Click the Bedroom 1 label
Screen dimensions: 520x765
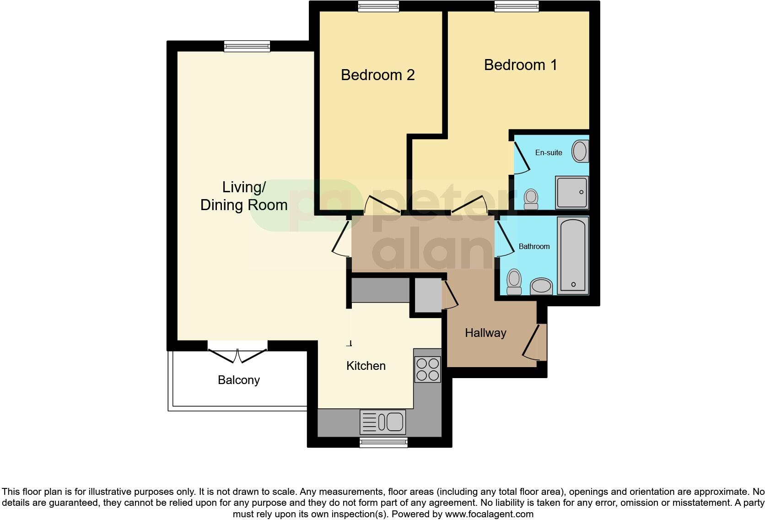pyautogui.click(x=521, y=65)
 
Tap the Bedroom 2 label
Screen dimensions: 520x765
pyautogui.click(x=377, y=75)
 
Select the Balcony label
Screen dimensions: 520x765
pyautogui.click(x=239, y=380)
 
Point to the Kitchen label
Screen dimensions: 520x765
pyautogui.click(x=366, y=366)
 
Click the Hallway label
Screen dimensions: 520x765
pyautogui.click(x=485, y=333)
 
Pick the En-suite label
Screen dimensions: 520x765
pyautogui.click(x=549, y=152)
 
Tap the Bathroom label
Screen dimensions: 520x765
pyautogui.click(x=534, y=246)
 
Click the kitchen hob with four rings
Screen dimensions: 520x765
pyautogui.click(x=427, y=369)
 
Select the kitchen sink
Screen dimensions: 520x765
pyautogui.click(x=383, y=422)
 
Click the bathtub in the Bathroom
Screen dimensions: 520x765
pyautogui.click(x=573, y=255)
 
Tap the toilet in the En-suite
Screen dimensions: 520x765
pyautogui.click(x=531, y=199)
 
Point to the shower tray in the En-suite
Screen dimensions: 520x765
pyautogui.click(x=572, y=192)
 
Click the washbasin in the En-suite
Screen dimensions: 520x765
pyautogui.click(x=580, y=151)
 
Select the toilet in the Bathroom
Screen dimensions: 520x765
pyautogui.click(x=514, y=281)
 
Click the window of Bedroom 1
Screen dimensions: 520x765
pyautogui.click(x=516, y=6)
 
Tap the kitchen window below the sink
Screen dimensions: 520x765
pyautogui.click(x=383, y=442)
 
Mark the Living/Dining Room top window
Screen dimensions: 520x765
pyautogui.click(x=247, y=46)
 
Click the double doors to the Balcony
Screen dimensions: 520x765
pyautogui.click(x=237, y=352)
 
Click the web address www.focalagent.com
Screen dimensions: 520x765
pyautogui.click(x=489, y=514)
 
